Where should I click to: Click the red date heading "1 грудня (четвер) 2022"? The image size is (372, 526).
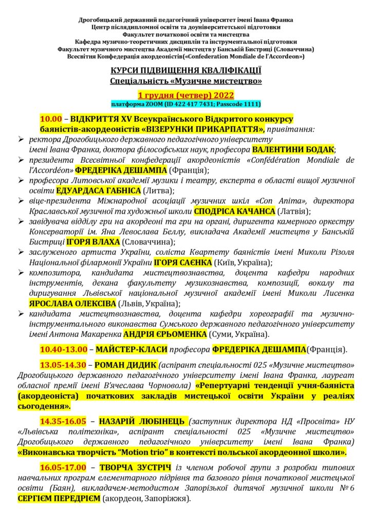(185, 95)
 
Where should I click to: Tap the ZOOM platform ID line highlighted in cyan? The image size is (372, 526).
(186, 104)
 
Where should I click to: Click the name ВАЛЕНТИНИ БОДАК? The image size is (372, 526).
(293, 149)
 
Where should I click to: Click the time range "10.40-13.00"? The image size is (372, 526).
(64, 350)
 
